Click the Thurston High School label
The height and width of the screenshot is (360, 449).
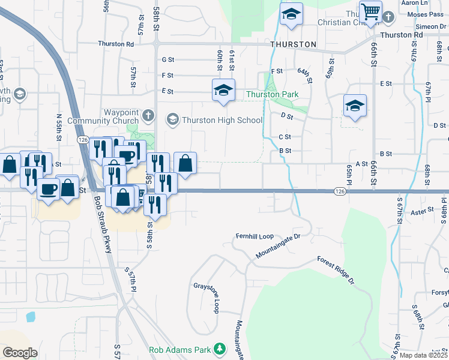[x=222, y=120]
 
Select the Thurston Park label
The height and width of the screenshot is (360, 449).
[x=272, y=94]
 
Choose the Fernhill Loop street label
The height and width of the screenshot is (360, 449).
[x=254, y=236]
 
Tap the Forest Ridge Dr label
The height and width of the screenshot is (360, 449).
[x=334, y=267]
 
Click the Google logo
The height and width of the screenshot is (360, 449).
[x=20, y=352]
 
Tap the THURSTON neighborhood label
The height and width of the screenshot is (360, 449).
[x=293, y=44]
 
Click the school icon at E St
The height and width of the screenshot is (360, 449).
[x=223, y=90]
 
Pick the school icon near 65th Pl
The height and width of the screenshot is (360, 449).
[x=355, y=106]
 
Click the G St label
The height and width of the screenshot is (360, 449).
[x=167, y=59]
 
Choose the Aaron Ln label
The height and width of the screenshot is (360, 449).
[x=432, y=3]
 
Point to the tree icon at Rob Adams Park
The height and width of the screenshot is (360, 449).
[x=220, y=349]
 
